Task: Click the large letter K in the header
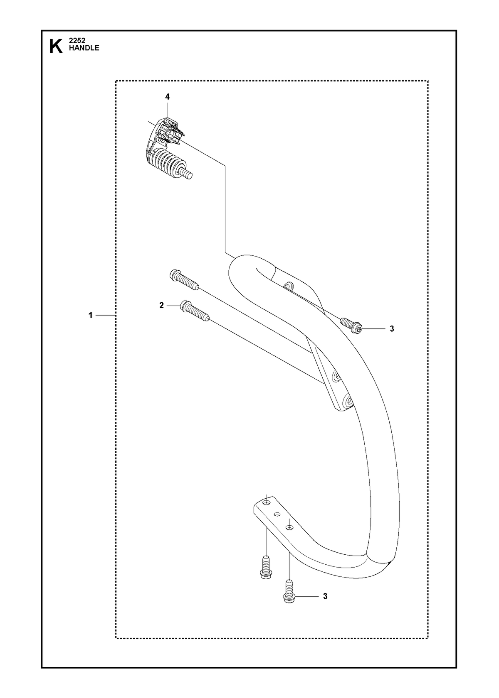coord(56,47)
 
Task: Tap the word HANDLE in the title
coord(84,48)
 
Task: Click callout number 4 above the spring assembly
coord(167,97)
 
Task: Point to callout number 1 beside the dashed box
coord(90,316)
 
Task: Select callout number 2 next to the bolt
coord(161,306)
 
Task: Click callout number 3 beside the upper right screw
coord(392,329)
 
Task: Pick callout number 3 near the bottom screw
coord(325,597)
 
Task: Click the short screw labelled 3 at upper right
coord(351,326)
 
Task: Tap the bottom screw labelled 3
coord(290,595)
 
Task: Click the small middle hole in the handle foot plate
coord(277,514)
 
